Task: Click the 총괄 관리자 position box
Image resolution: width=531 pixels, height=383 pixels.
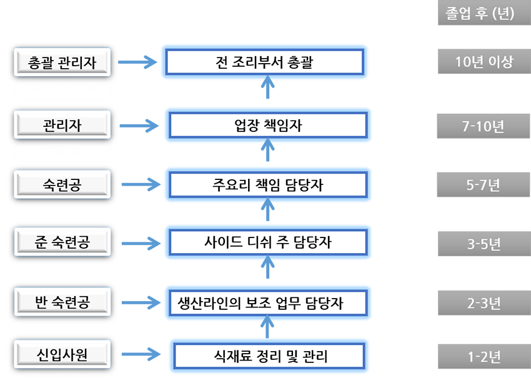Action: (62, 62)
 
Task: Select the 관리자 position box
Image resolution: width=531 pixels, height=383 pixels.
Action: (62, 125)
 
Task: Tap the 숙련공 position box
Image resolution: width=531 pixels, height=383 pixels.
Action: (62, 184)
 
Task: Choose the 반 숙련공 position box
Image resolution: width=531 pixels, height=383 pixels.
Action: (62, 302)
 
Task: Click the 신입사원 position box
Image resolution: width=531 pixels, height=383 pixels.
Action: (62, 355)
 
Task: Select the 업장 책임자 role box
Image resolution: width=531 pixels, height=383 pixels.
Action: (268, 126)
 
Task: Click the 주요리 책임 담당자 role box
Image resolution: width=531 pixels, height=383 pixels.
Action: (268, 185)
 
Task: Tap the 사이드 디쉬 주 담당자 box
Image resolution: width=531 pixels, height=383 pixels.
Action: (268, 242)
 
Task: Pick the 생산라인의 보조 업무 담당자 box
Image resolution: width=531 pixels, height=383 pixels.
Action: (268, 303)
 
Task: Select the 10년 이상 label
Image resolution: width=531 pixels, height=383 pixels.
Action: (484, 62)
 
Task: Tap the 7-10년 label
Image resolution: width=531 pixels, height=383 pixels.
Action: (484, 126)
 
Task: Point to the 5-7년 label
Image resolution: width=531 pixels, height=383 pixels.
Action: (484, 185)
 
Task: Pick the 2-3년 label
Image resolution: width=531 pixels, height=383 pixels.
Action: (484, 304)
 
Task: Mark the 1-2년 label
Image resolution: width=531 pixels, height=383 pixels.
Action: (484, 357)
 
